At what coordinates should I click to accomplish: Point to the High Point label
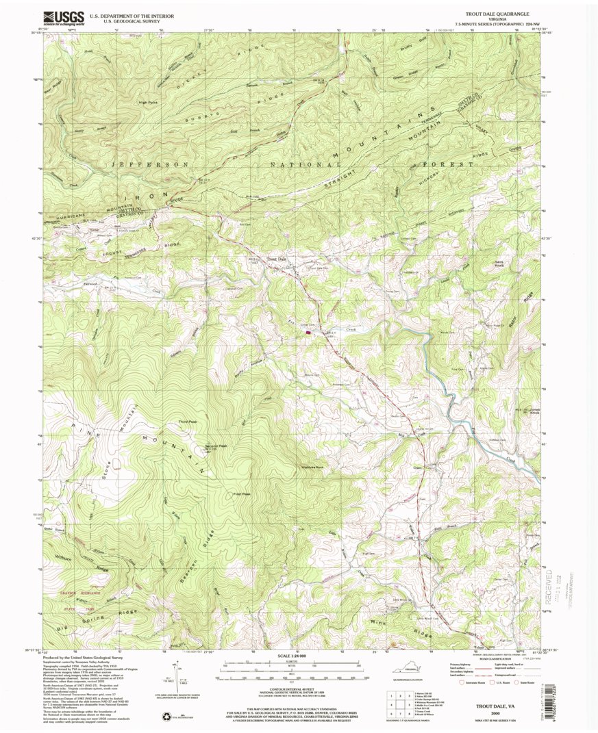(x=148, y=103)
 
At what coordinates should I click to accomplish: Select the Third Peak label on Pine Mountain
(x=188, y=422)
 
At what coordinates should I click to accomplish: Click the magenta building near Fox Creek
(x=309, y=332)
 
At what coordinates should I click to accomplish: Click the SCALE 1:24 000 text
(x=297, y=656)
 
